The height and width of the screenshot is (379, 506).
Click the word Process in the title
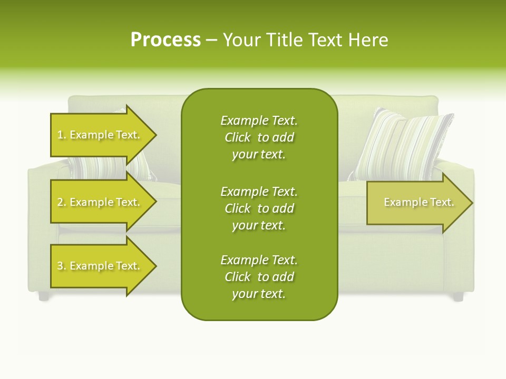point(166,40)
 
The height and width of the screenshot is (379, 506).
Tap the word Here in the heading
point(368,40)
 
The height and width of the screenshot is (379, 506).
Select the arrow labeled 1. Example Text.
point(103,135)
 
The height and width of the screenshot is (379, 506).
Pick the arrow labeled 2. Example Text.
point(103,202)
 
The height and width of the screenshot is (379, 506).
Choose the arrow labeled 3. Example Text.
point(103,266)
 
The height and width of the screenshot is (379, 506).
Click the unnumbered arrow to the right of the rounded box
point(420,202)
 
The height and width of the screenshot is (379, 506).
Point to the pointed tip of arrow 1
point(157,135)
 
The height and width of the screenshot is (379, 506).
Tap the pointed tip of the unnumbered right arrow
point(473,203)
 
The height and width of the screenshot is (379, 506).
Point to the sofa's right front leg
point(458,296)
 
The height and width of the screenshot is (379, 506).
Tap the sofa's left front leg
point(44,296)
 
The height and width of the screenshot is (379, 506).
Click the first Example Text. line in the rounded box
point(259,121)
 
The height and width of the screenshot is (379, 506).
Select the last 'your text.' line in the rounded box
point(259,294)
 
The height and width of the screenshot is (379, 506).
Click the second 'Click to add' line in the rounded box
point(259,208)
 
